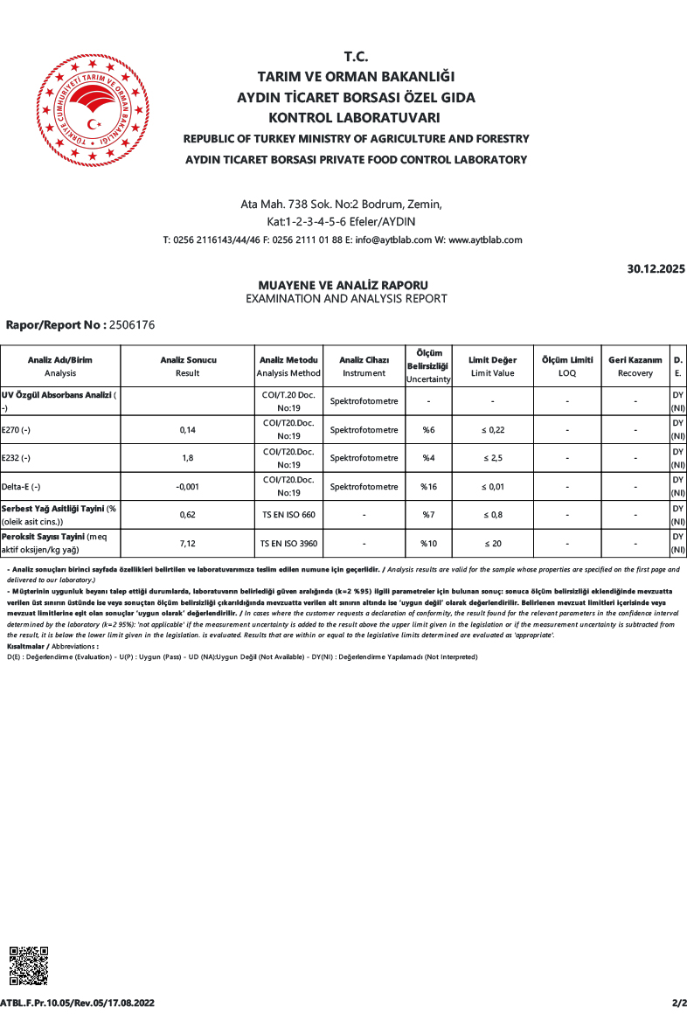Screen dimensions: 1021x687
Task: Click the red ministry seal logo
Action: (x=92, y=110)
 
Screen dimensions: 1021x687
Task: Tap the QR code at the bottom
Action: (x=28, y=966)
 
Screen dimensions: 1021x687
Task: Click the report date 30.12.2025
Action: (x=656, y=269)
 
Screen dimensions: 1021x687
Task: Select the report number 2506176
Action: (x=130, y=325)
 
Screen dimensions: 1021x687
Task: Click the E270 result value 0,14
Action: (x=187, y=430)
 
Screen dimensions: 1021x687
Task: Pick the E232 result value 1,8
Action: (x=187, y=458)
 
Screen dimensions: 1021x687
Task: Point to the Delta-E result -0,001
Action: (x=187, y=487)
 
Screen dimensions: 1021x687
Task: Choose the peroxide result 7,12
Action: (x=187, y=544)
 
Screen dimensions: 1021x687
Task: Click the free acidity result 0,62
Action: (x=187, y=515)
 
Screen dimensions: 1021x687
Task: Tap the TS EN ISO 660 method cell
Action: (x=288, y=515)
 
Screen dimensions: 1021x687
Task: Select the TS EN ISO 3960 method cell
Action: (x=288, y=544)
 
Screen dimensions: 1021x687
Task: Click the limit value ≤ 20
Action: (x=492, y=544)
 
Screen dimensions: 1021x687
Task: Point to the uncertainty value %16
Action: (x=428, y=487)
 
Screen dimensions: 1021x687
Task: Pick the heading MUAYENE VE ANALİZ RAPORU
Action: (x=343, y=285)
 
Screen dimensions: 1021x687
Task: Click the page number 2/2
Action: (x=678, y=1003)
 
